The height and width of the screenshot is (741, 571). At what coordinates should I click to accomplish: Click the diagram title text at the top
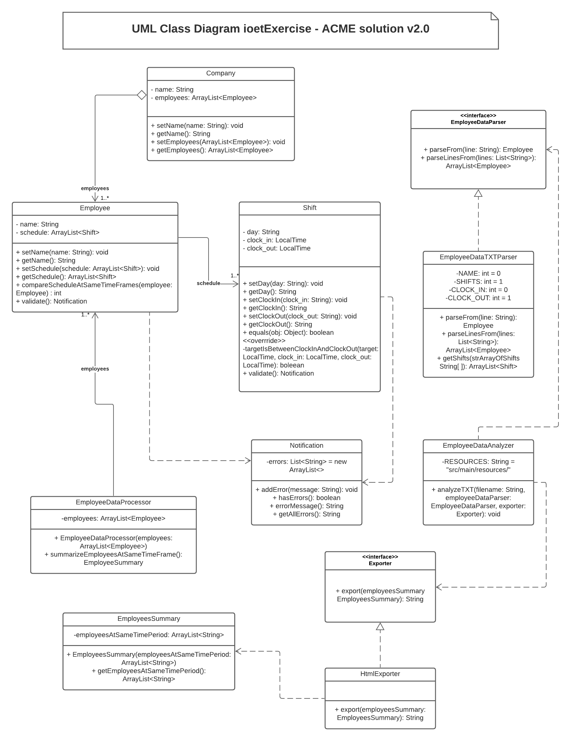[x=280, y=29]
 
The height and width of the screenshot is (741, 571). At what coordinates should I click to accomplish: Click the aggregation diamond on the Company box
[x=142, y=95]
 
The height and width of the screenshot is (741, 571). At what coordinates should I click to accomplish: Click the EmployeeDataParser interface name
[x=478, y=122]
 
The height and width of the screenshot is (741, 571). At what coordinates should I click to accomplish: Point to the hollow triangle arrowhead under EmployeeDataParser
[x=478, y=193]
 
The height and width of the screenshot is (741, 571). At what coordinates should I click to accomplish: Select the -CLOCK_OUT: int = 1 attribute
[x=478, y=298]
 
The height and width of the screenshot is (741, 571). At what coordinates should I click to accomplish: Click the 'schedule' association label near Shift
[x=208, y=283]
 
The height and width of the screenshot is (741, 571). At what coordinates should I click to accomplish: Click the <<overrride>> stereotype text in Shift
[x=264, y=341]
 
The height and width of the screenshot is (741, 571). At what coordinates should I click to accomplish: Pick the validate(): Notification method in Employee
[x=51, y=301]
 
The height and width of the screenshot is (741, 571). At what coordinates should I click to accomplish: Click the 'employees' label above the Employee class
[x=95, y=188]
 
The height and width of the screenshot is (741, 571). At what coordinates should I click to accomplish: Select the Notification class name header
[x=306, y=446]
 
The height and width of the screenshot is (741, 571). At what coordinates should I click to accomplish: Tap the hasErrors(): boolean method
[x=306, y=498]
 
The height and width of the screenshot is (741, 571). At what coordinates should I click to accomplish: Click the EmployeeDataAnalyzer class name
[x=478, y=446]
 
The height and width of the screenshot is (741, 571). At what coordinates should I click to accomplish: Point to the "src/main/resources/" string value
[x=478, y=470]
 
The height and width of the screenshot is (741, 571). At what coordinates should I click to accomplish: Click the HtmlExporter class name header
[x=380, y=674]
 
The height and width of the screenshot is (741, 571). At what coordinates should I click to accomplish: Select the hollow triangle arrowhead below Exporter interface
[x=380, y=627]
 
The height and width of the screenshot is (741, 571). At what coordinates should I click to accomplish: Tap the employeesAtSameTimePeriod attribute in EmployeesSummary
[x=149, y=635]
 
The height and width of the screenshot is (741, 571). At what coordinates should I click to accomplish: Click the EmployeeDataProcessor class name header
[x=113, y=502]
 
